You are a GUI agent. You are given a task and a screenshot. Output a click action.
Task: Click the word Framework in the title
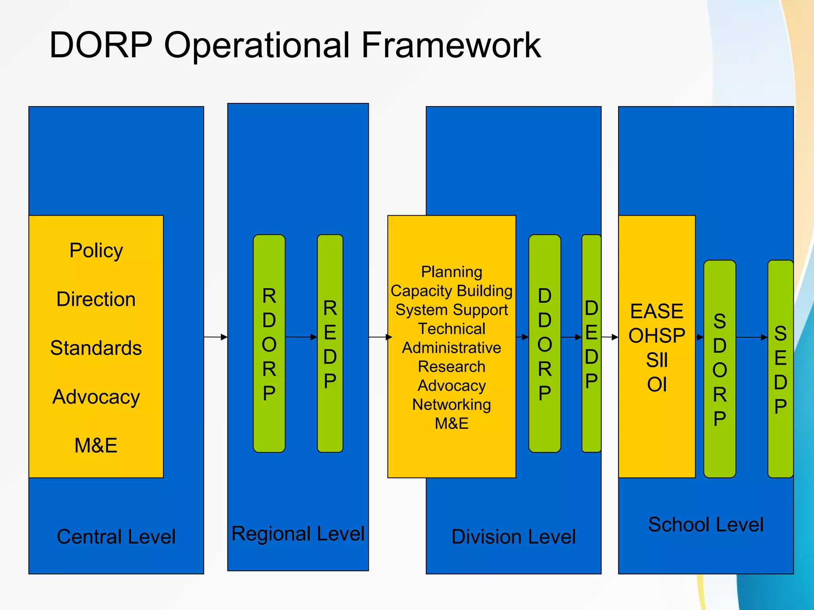[x=451, y=45]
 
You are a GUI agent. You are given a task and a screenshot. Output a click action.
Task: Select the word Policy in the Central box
[x=96, y=251]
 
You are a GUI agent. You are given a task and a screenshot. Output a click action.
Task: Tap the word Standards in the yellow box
[x=96, y=348]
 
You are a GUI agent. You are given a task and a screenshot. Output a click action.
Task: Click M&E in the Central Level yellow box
[x=96, y=445]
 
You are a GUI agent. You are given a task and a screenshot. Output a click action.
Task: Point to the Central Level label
[x=116, y=537]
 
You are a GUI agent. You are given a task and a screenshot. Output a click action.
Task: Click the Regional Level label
[x=298, y=533]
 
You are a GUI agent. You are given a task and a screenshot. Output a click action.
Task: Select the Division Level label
[x=514, y=537]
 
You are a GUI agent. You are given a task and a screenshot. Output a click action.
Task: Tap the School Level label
[x=706, y=524]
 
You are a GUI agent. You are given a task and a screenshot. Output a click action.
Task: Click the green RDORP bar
[x=269, y=344]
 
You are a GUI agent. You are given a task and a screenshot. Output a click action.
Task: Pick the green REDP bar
[x=330, y=344]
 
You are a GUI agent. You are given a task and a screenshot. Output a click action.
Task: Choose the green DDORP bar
[x=545, y=344]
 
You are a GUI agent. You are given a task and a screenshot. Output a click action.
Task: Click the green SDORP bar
[x=719, y=369]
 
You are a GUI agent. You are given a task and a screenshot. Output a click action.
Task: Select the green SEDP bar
[x=780, y=369]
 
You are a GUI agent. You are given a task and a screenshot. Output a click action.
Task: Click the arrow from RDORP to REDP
[x=301, y=337]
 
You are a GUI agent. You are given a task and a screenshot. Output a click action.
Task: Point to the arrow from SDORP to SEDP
[x=751, y=337]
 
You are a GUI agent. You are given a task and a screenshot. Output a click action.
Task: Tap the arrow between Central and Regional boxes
[x=215, y=337]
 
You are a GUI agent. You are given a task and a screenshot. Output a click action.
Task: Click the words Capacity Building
[x=452, y=291]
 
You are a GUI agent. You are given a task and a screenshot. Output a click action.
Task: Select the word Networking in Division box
[x=452, y=404]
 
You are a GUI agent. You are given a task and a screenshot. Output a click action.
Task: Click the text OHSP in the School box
[x=657, y=336]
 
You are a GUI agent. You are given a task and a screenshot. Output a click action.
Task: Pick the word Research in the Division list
[x=452, y=367]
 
